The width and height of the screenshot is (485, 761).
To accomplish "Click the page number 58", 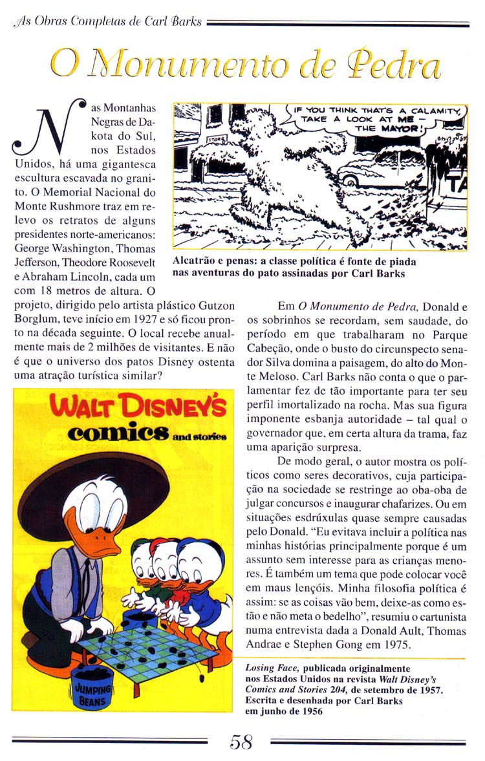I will coord(242,742).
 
